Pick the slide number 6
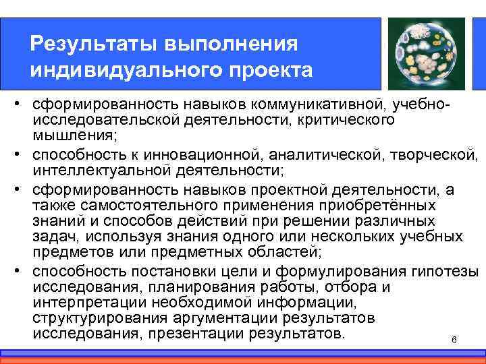coord(454,339)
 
